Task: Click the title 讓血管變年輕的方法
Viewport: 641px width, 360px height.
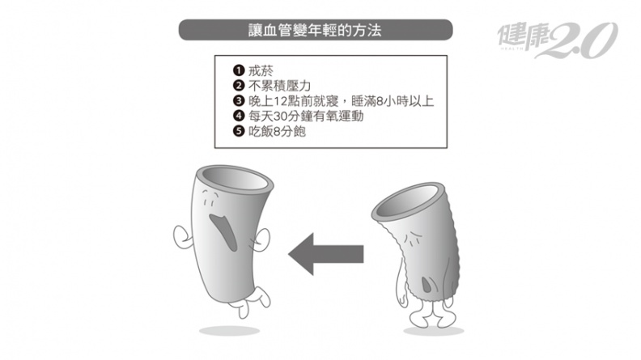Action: click(x=315, y=30)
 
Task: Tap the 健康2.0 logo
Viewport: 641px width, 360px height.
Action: click(x=557, y=39)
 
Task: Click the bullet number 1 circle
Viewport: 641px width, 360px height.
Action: click(x=238, y=70)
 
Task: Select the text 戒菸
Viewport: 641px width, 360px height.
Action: click(x=261, y=70)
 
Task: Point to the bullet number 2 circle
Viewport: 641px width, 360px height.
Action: click(x=238, y=86)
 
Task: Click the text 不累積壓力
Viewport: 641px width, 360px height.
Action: click(x=279, y=86)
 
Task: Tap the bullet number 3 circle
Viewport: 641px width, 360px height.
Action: click(x=238, y=100)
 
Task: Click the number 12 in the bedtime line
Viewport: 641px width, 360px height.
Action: click(x=280, y=101)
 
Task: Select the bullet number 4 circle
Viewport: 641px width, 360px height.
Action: click(x=238, y=116)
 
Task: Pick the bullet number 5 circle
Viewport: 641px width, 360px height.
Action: click(x=238, y=131)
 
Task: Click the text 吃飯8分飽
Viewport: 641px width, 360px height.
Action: click(x=277, y=132)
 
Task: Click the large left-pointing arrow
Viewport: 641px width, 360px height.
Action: click(x=326, y=254)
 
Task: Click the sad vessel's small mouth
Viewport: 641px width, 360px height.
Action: click(x=427, y=284)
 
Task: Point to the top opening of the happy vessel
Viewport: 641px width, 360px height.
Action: click(x=235, y=178)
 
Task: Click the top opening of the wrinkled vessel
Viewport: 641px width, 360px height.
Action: click(x=409, y=201)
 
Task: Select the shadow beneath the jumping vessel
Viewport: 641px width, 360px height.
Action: click(x=229, y=331)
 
